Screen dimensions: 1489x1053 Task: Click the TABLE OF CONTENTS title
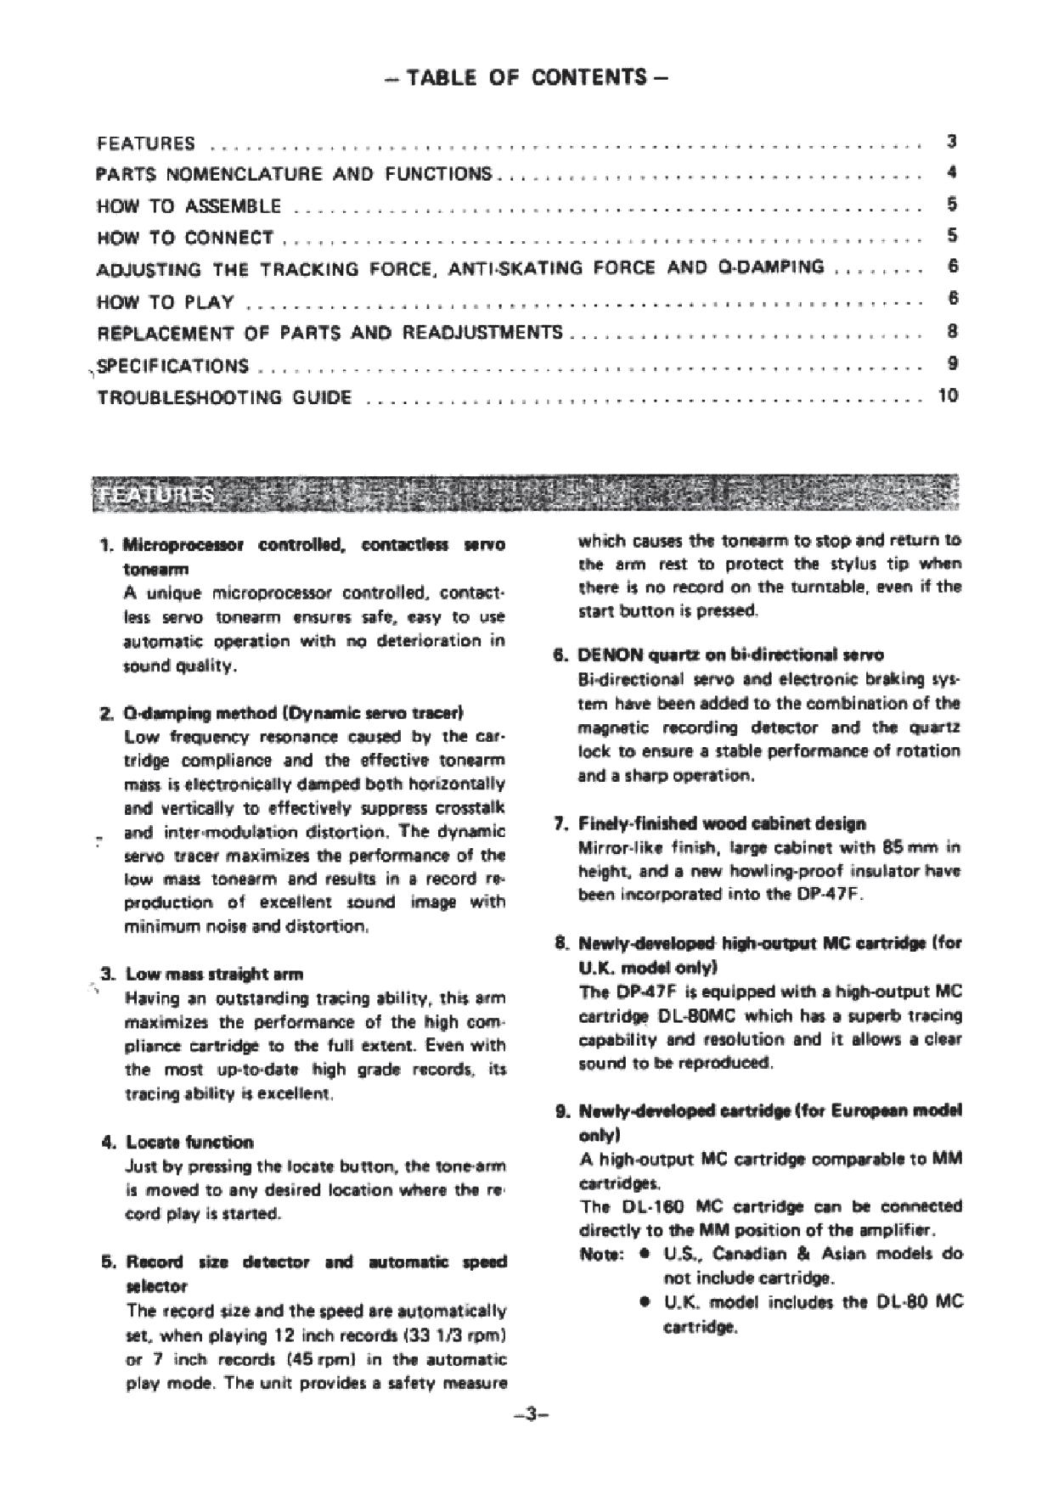click(526, 78)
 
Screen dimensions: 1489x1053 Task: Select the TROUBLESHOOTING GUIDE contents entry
click(224, 397)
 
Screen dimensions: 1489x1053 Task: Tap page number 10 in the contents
click(948, 395)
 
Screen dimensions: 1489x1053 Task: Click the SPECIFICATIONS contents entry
click(173, 366)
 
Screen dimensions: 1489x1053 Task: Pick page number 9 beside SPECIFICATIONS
click(953, 363)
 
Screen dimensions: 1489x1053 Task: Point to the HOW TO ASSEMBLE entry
click(189, 205)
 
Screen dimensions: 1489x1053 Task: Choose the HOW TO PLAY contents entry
click(166, 302)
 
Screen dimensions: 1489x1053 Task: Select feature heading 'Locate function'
click(189, 1142)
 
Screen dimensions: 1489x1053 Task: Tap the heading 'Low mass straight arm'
click(214, 974)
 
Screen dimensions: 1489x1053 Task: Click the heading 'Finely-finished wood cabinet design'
click(722, 823)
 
